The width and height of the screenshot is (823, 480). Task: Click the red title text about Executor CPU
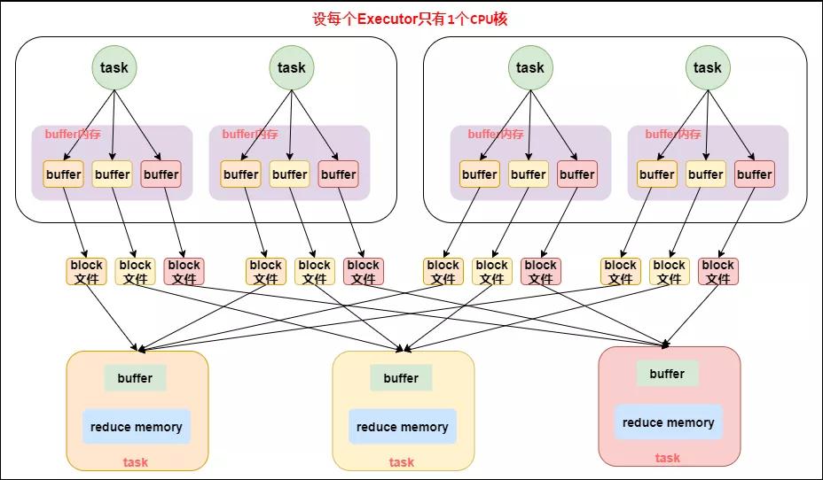click(x=410, y=19)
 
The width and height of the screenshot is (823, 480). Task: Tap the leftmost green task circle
click(x=114, y=67)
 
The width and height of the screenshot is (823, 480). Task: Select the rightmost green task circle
click(x=708, y=67)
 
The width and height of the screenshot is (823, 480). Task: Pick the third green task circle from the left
click(x=530, y=67)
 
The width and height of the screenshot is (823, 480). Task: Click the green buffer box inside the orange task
click(x=136, y=378)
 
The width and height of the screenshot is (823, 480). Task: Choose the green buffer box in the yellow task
click(x=401, y=378)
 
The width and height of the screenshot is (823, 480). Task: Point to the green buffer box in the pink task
click(x=667, y=374)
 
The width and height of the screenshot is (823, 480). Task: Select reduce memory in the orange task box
click(x=137, y=427)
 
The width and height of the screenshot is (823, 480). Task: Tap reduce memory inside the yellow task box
click(x=403, y=427)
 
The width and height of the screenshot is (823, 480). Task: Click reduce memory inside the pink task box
click(x=669, y=422)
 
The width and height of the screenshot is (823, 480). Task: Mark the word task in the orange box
click(x=136, y=462)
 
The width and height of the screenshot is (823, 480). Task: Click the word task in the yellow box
click(x=402, y=462)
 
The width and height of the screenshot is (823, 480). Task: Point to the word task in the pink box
click(x=668, y=458)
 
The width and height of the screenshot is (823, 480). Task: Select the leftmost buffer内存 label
click(x=73, y=134)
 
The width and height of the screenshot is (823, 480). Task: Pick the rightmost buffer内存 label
click(x=673, y=134)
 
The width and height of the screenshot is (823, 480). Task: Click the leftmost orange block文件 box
click(x=87, y=272)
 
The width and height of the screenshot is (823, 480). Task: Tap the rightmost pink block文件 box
click(x=718, y=272)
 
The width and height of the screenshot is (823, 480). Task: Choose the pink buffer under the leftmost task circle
click(x=161, y=174)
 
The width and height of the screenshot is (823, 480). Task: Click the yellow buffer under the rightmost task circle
click(x=706, y=174)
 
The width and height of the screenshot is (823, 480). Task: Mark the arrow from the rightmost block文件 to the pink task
click(x=692, y=316)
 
